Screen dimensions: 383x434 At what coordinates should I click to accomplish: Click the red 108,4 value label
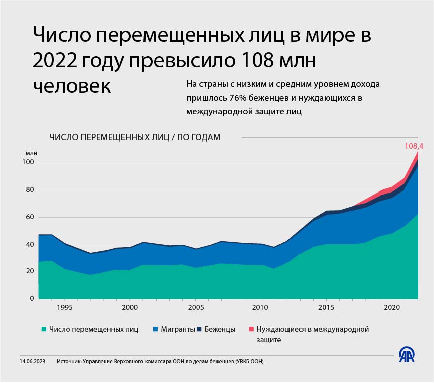[x=414, y=146]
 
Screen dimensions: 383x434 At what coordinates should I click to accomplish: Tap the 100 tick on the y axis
[x=28, y=162]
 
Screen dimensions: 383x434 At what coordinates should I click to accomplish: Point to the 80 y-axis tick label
[x=29, y=190]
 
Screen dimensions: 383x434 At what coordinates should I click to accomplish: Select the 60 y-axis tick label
[x=29, y=217]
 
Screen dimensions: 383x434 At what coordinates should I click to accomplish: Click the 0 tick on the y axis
[x=31, y=299]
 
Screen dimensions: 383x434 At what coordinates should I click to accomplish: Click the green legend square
[x=44, y=329]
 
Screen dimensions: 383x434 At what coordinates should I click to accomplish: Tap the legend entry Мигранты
[x=174, y=329]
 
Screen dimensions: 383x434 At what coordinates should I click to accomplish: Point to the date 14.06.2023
[x=33, y=361]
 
